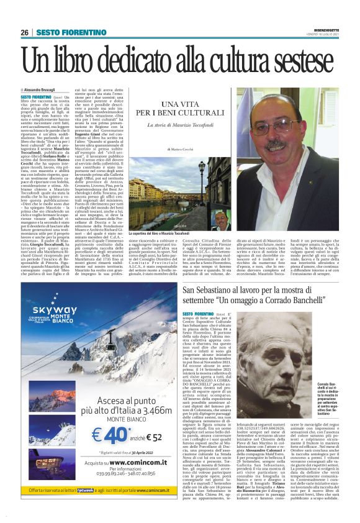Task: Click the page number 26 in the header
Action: [24, 32]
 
